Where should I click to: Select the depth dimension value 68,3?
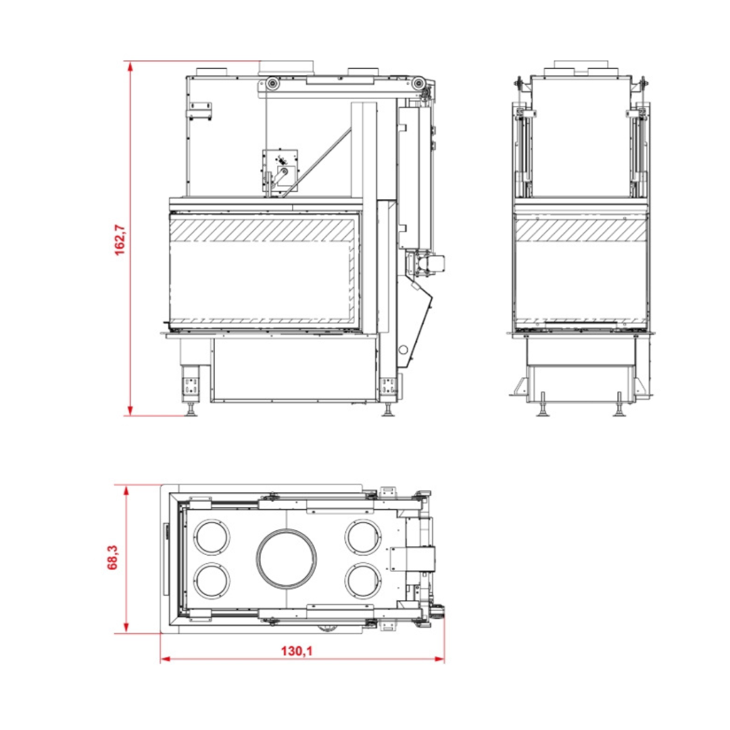(114, 558)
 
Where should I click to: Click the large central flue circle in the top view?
(287, 559)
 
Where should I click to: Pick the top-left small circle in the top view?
(212, 537)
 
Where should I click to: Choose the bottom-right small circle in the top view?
(362, 581)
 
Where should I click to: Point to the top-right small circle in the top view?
(362, 537)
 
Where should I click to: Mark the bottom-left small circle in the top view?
(212, 581)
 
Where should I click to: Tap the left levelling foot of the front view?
(191, 410)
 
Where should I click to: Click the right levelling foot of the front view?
(388, 410)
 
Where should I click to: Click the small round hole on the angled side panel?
(404, 350)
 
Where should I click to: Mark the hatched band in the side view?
(581, 230)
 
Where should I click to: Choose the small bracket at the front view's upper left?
(201, 111)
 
